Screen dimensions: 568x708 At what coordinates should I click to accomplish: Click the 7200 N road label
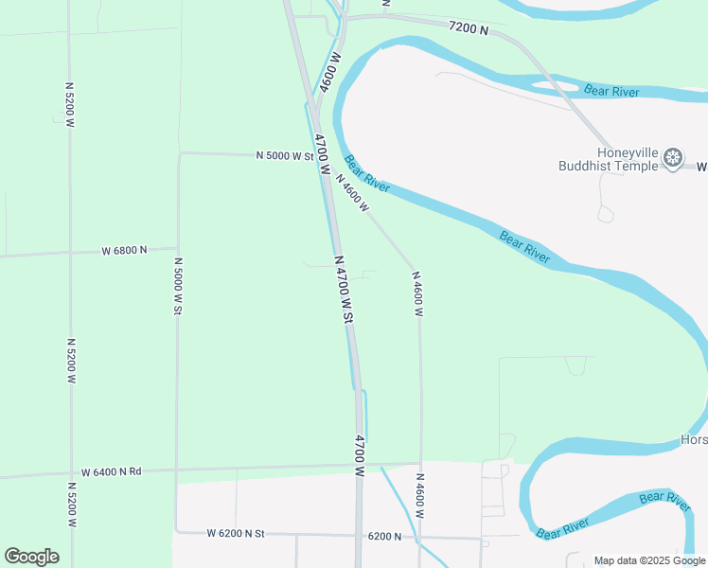[x=469, y=29]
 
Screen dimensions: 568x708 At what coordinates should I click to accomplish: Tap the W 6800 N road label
[x=124, y=250]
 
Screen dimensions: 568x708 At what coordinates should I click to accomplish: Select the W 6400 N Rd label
[x=111, y=471]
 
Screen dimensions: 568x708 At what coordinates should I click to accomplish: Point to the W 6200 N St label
[x=236, y=534]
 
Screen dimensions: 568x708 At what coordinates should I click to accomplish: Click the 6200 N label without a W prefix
[x=384, y=537]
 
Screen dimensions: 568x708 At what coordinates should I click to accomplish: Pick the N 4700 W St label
[x=343, y=290]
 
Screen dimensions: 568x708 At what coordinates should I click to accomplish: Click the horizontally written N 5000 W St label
[x=284, y=154]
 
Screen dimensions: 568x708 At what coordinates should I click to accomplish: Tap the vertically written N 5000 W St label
[x=177, y=286]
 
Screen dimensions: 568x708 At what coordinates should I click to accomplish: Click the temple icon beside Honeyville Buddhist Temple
[x=673, y=157]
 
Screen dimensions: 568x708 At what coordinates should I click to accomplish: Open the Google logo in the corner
[x=31, y=557]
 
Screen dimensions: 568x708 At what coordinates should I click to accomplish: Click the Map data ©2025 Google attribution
[x=650, y=560]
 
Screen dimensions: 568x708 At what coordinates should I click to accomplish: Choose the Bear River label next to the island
[x=611, y=91]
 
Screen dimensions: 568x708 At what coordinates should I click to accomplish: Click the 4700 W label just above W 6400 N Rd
[x=360, y=453]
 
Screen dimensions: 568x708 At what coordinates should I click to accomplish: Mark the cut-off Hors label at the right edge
[x=694, y=440]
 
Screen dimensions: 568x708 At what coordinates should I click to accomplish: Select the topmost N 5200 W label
[x=69, y=104]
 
